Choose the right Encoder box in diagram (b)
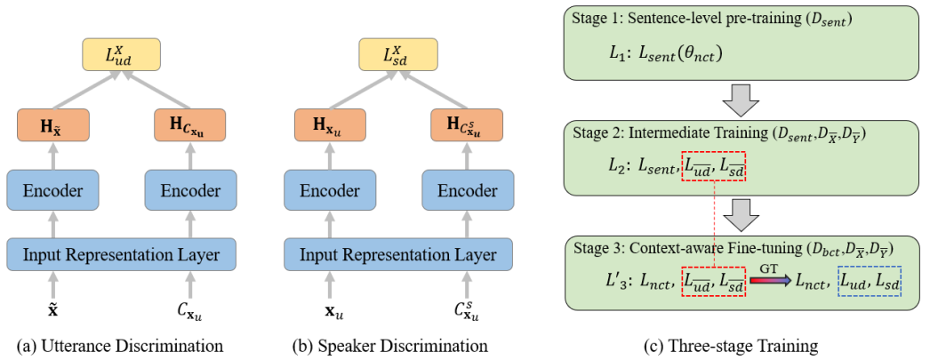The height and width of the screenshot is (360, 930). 465,191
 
